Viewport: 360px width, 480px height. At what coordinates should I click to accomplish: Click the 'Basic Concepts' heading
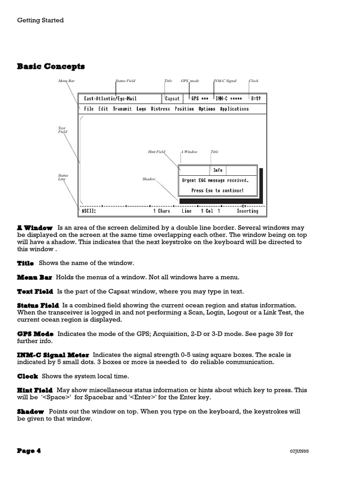[51, 66]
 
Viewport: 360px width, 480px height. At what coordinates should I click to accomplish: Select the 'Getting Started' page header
[40, 20]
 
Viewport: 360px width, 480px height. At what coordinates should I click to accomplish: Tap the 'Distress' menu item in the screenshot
[160, 109]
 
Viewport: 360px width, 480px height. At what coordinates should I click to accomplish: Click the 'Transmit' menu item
[122, 109]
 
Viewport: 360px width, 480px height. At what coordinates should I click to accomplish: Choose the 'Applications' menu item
[234, 109]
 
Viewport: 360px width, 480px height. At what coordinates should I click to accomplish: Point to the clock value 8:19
[256, 99]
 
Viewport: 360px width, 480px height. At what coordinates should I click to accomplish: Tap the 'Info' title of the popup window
[218, 170]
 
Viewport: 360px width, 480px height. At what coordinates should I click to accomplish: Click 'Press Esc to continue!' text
[217, 191]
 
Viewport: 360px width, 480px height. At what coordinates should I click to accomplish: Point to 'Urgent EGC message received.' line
[215, 180]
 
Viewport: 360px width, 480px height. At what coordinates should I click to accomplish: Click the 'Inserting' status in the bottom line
[247, 211]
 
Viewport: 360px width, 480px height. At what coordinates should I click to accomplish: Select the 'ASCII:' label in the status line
[89, 211]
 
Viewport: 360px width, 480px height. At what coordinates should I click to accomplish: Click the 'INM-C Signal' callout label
[225, 81]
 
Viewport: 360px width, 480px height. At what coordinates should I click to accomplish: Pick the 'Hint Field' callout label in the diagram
[157, 152]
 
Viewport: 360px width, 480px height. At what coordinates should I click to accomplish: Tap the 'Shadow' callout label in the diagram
[149, 179]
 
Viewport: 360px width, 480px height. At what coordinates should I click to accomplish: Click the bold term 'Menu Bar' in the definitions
[35, 277]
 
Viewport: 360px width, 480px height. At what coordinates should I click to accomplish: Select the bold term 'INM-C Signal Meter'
[53, 355]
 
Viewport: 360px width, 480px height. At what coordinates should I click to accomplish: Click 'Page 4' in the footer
[29, 451]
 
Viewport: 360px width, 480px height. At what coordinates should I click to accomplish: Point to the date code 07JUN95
[300, 451]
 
